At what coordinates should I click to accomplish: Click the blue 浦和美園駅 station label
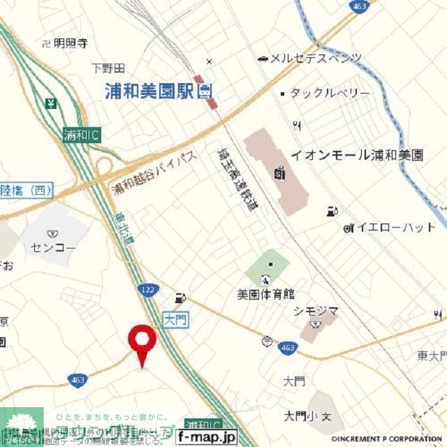(149, 91)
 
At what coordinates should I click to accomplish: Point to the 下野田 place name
(108, 68)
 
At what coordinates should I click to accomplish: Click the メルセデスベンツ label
(316, 58)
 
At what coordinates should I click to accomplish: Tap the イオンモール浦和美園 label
(357, 155)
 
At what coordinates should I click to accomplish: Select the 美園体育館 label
(265, 293)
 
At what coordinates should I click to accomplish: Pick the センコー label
(53, 247)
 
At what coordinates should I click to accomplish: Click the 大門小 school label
(300, 416)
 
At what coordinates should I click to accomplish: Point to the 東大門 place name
(432, 357)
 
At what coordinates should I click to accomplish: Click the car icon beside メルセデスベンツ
(263, 58)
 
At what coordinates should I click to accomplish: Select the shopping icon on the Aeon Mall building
(279, 171)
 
